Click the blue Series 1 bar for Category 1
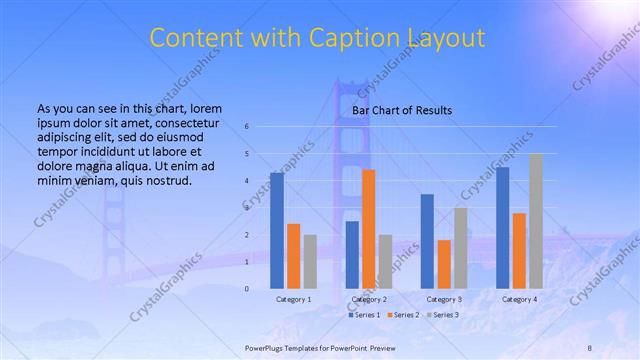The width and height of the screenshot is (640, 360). pyautogui.click(x=277, y=230)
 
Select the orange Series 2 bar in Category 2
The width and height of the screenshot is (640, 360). pyautogui.click(x=369, y=229)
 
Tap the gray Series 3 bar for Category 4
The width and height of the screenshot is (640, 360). pyautogui.click(x=536, y=221)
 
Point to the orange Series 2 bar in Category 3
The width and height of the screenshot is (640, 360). pyautogui.click(x=444, y=264)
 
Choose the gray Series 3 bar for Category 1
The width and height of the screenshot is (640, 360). pyautogui.click(x=310, y=261)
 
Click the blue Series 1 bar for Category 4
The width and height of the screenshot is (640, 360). pyautogui.click(x=503, y=227)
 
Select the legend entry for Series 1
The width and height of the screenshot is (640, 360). pyautogui.click(x=363, y=315)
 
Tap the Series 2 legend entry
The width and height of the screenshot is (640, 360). pyautogui.click(x=403, y=315)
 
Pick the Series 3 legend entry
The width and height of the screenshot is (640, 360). pyautogui.click(x=443, y=315)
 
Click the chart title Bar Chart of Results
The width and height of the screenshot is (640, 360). pyautogui.click(x=402, y=110)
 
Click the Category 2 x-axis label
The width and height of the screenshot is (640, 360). pyautogui.click(x=369, y=299)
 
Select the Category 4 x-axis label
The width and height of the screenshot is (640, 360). pyautogui.click(x=519, y=299)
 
